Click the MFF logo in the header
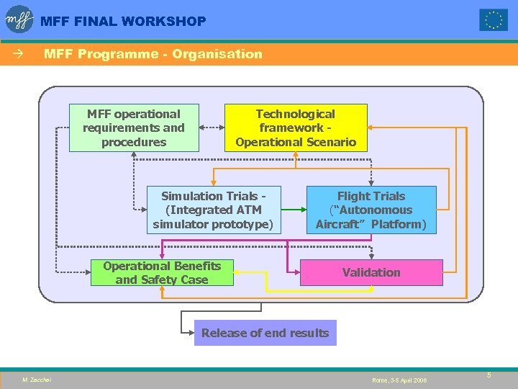(x=19, y=19)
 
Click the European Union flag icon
(x=494, y=20)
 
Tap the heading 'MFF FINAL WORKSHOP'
(x=123, y=22)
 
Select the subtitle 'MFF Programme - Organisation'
(x=153, y=54)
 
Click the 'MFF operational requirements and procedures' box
(x=134, y=128)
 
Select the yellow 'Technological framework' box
(x=296, y=128)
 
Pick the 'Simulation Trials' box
(x=213, y=210)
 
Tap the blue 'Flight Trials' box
(x=371, y=210)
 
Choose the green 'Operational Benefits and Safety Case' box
(x=162, y=272)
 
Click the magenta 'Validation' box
(x=371, y=272)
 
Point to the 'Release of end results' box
(x=265, y=333)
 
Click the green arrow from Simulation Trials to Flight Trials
(x=292, y=210)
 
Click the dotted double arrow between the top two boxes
(x=212, y=128)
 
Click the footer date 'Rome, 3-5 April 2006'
(x=399, y=380)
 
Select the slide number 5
(x=489, y=375)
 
